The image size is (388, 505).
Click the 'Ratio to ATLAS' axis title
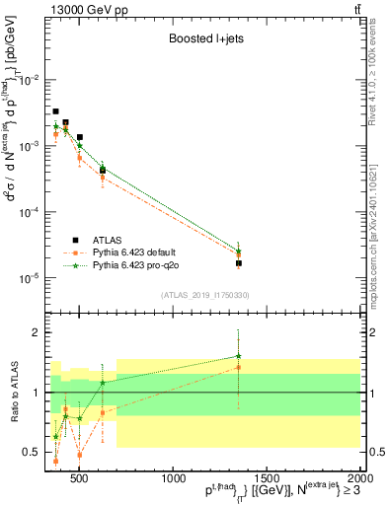14,392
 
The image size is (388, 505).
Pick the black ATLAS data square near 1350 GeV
239,263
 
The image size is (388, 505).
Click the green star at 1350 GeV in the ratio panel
239,356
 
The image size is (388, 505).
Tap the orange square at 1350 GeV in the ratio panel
239,367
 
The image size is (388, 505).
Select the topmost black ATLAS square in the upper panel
56,111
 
